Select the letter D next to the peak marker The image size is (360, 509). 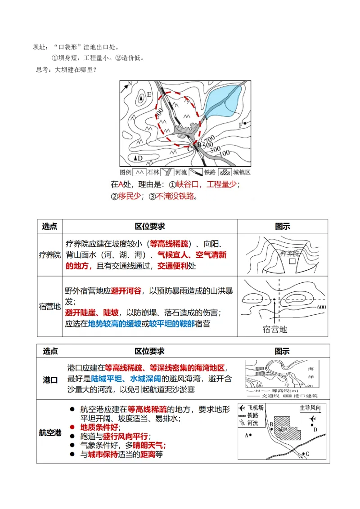[x=140, y=158]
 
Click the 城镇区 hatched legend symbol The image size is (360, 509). [x=224, y=172]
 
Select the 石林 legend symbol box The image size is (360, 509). [x=139, y=172]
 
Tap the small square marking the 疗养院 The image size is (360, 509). [x=292, y=261]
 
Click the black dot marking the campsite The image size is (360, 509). [x=274, y=299]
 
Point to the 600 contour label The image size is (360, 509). [x=321, y=307]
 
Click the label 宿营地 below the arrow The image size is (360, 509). [x=274, y=329]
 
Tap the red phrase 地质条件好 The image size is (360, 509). [x=99, y=427]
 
